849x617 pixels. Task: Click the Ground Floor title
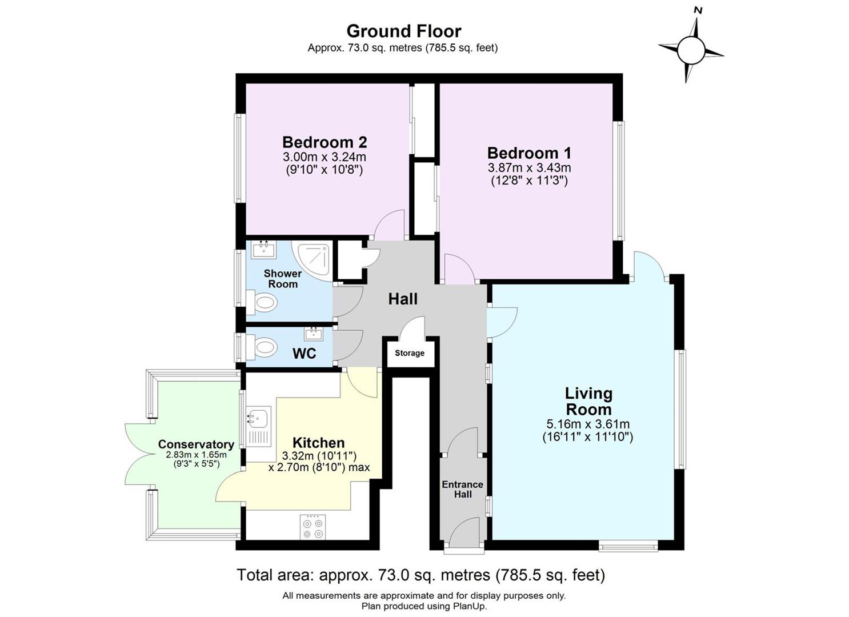(x=404, y=31)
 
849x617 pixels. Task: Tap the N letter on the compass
(x=698, y=11)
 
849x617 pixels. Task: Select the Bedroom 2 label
(x=325, y=142)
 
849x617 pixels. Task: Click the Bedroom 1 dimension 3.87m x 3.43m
(x=529, y=167)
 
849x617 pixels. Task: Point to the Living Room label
(x=588, y=402)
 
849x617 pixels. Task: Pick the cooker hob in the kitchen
(x=313, y=527)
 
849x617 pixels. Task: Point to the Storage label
(x=409, y=353)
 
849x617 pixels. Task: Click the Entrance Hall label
(x=463, y=489)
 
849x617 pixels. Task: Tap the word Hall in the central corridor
(x=403, y=299)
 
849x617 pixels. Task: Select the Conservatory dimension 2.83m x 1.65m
(x=197, y=455)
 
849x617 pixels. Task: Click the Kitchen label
(x=318, y=443)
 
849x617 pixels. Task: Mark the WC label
(x=305, y=354)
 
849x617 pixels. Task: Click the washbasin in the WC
(x=314, y=334)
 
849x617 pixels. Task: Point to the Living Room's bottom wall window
(x=628, y=546)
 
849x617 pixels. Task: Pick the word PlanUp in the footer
(x=469, y=606)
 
